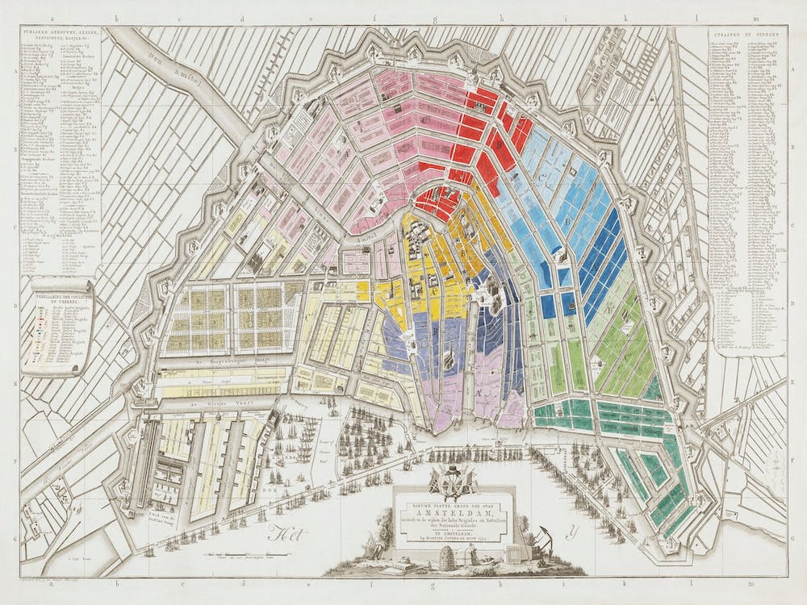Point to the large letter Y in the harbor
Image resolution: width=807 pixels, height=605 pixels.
[x=573, y=531]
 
